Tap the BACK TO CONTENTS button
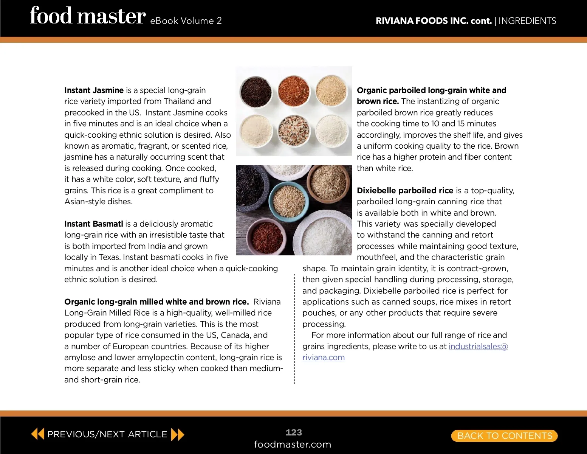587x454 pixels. pyautogui.click(x=504, y=435)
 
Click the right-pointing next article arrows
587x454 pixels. pyautogui.click(x=178, y=434)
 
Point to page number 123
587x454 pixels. pyautogui.click(x=294, y=432)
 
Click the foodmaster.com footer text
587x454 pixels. pyautogui.click(x=293, y=444)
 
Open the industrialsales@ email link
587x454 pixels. pyautogui.click(x=478, y=346)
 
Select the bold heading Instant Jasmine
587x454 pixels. pyautogui.click(x=94, y=90)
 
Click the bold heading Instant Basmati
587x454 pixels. pyautogui.click(x=93, y=224)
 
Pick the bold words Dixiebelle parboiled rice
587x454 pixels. pyautogui.click(x=405, y=190)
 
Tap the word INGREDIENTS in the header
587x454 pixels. pyautogui.click(x=527, y=21)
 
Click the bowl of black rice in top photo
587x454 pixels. pyautogui.click(x=256, y=91)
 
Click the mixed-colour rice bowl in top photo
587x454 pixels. pyautogui.click(x=294, y=131)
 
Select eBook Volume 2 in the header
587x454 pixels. pyautogui.click(x=186, y=21)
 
